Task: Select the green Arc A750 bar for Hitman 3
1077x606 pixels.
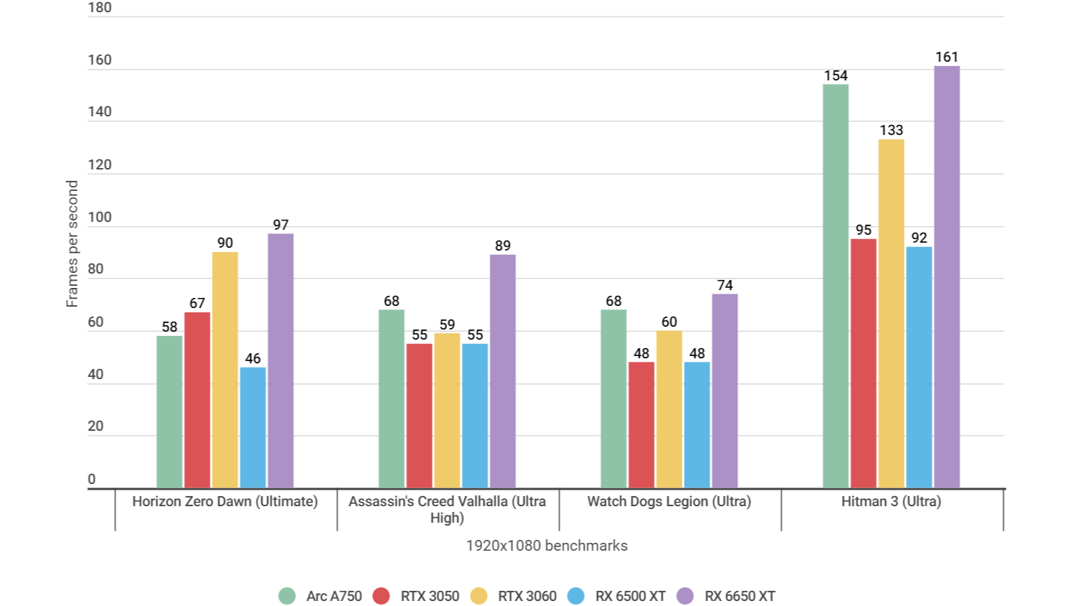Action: coord(835,286)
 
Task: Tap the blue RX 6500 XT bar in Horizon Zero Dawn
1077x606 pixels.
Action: coord(253,428)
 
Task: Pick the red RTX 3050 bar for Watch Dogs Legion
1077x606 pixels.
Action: coord(641,425)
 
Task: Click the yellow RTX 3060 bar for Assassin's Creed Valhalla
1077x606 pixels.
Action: coord(447,411)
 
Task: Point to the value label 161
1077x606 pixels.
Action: coord(946,57)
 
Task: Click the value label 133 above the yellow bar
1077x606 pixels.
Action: coord(891,130)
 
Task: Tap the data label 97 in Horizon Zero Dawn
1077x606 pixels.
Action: coord(280,225)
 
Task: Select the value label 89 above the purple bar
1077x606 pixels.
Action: coord(502,246)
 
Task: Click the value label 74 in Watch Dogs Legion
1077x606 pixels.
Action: coord(724,285)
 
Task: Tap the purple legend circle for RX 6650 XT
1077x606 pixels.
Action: coord(685,596)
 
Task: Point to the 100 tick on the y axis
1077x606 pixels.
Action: coord(99,217)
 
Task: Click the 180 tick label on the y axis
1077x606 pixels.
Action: coord(99,8)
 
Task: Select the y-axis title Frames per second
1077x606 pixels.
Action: coord(72,244)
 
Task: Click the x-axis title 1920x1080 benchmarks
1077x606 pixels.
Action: coord(546,546)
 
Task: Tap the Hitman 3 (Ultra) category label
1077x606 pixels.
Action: coord(891,501)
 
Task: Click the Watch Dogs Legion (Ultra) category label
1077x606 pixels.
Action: coord(669,501)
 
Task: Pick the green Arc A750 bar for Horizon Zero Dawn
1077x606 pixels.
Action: coord(170,412)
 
